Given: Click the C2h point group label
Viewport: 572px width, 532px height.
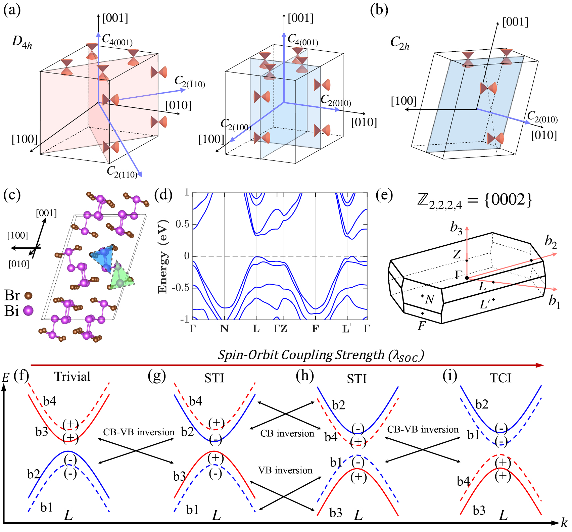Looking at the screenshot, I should (x=400, y=43).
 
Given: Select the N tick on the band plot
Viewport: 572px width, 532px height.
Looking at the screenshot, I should (x=224, y=329).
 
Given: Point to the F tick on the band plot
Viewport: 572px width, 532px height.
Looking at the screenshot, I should (x=315, y=329).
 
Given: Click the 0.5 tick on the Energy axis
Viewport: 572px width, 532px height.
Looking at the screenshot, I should (x=182, y=224).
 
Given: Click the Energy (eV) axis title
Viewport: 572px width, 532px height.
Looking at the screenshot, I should (x=163, y=256).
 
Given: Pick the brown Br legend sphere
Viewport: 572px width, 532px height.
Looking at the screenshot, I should (x=29, y=295).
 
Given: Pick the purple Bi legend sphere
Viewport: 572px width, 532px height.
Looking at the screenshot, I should (x=29, y=310).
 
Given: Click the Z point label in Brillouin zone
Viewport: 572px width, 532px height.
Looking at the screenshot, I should (x=457, y=254).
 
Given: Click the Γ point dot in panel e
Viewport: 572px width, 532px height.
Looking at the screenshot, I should (x=467, y=278).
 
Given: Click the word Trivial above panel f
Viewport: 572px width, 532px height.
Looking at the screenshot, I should (x=73, y=377).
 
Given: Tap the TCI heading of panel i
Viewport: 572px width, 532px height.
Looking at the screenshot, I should (x=500, y=378).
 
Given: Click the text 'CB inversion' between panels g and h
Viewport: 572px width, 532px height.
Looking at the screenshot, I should (x=287, y=433).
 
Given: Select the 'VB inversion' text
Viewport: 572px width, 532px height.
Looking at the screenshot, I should (x=285, y=470).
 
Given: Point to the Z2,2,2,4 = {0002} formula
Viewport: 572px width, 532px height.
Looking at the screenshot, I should (x=474, y=200).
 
